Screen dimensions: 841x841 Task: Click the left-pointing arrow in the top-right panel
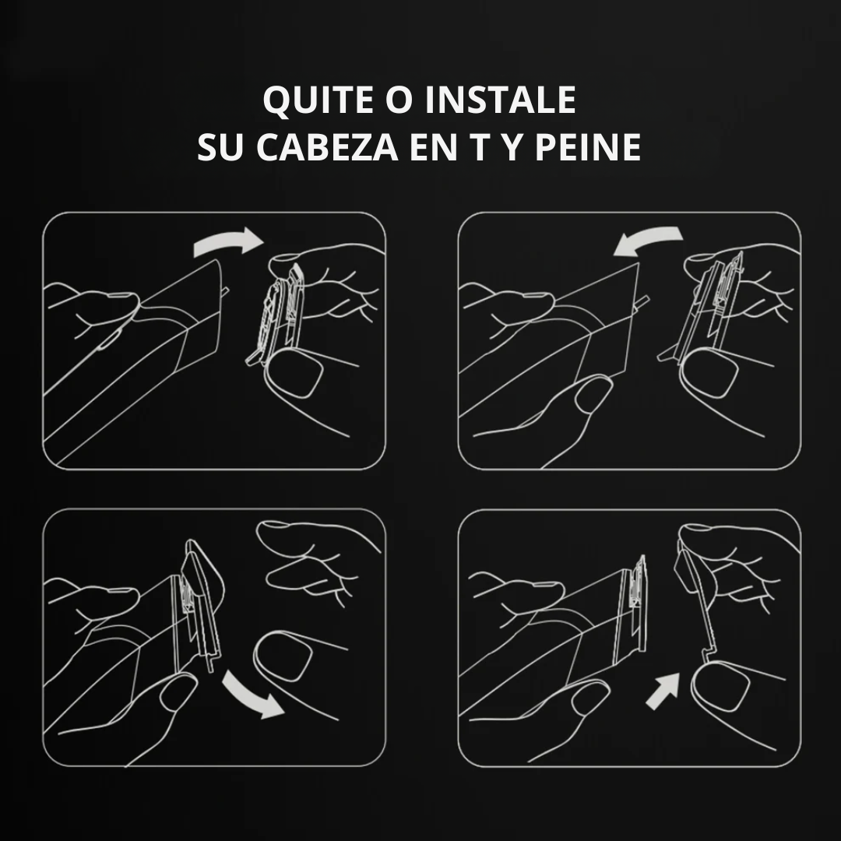pos(647,242)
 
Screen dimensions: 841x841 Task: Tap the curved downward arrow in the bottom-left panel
pos(252,695)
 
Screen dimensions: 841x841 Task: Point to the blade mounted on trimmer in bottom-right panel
pos(634,603)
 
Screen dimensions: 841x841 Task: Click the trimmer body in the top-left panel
pos(148,350)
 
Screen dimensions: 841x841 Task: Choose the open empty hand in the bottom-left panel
pos(311,561)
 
